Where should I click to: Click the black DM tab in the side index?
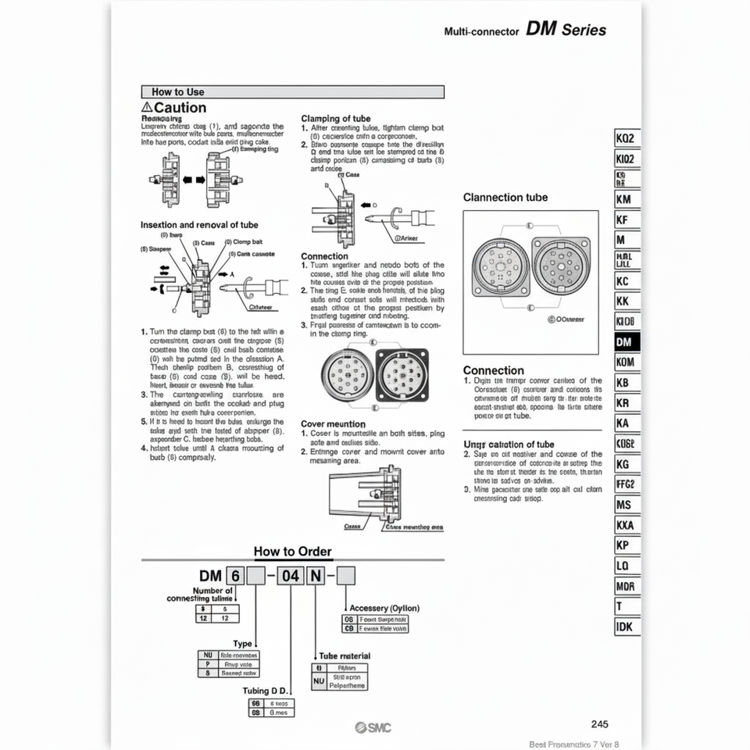pyautogui.click(x=627, y=342)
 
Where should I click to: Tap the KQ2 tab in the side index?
pyautogui.click(x=627, y=138)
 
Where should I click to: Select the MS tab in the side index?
pyautogui.click(x=625, y=505)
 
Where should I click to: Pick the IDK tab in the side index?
pyautogui.click(x=625, y=627)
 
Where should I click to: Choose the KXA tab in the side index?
pyautogui.click(x=626, y=525)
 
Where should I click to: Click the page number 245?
pyautogui.click(x=600, y=724)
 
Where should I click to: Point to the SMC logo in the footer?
pyautogui.click(x=374, y=728)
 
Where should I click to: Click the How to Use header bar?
pyautogui.click(x=292, y=91)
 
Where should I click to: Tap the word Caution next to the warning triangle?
pyautogui.click(x=180, y=108)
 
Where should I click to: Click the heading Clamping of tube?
pyautogui.click(x=336, y=119)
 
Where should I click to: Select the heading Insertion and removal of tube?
pyautogui.click(x=199, y=224)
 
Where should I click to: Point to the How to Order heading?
pyautogui.click(x=293, y=552)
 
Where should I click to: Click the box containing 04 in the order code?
pyautogui.click(x=291, y=577)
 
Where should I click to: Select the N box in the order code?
pyautogui.click(x=316, y=577)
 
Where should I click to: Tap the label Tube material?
pyautogui.click(x=345, y=655)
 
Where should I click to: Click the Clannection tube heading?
pyautogui.click(x=505, y=198)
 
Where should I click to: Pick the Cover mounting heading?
pyautogui.click(x=333, y=423)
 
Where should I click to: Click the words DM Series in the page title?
pyautogui.click(x=566, y=30)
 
